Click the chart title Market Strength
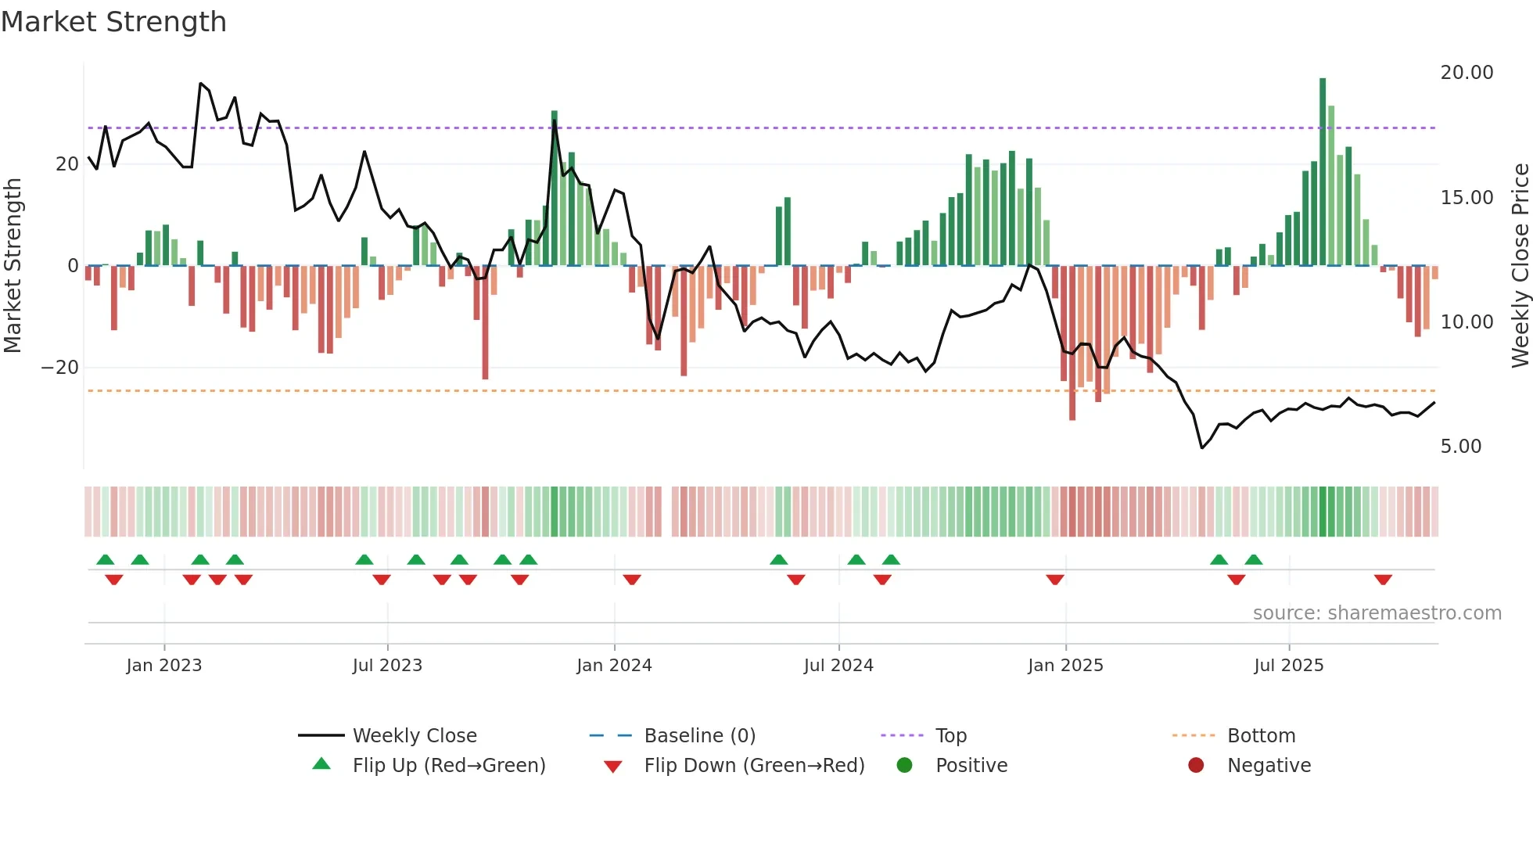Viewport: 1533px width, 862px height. (113, 22)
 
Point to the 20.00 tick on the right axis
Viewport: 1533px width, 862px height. (1467, 73)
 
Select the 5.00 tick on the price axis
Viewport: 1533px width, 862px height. (1460, 447)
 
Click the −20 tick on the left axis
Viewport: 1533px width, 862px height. (60, 368)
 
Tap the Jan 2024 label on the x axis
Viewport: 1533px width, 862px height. (614, 666)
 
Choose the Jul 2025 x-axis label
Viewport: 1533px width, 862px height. (1288, 666)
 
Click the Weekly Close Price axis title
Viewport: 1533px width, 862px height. (1520, 266)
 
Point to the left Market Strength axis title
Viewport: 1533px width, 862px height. (13, 266)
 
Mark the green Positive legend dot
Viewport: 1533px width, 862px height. (904, 766)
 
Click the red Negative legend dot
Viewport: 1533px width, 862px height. (1196, 766)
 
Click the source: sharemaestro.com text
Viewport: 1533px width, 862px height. (1377, 613)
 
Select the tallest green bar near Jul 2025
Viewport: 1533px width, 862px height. (1323, 172)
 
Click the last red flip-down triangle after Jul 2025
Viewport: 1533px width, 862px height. (1383, 580)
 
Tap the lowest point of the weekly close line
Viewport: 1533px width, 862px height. (1202, 448)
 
